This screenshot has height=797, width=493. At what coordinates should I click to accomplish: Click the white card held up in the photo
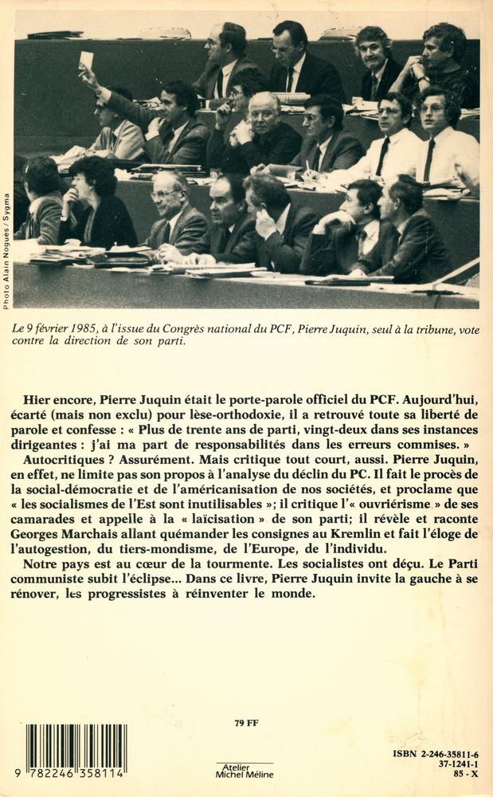pyautogui.click(x=86, y=60)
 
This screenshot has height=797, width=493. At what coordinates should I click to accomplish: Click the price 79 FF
pyautogui.click(x=247, y=724)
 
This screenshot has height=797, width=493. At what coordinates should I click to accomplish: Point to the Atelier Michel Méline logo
pyautogui.click(x=244, y=771)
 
